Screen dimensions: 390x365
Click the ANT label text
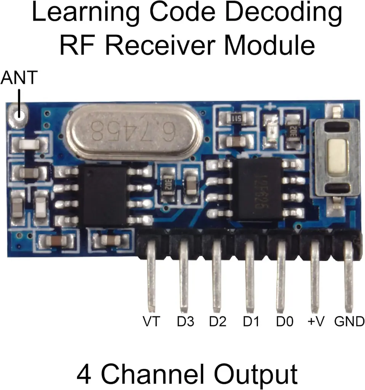pos(19,78)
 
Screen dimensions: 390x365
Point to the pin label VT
pos(152,322)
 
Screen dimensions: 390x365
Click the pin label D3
pos(185,322)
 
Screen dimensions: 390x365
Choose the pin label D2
pos(218,322)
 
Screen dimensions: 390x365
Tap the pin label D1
pos(251,322)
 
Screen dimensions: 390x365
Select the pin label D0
pos(284,322)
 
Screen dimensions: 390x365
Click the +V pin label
pos(316,322)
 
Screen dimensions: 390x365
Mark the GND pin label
pos(349,322)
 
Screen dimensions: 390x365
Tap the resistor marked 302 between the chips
pos(167,185)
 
